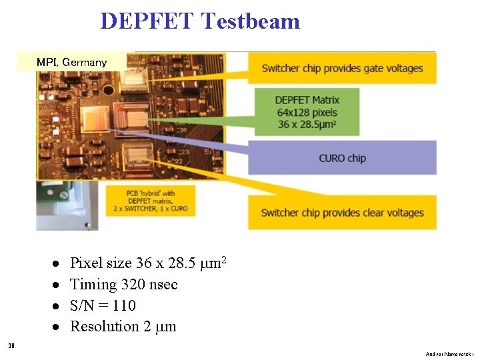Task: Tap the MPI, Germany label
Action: click(x=71, y=62)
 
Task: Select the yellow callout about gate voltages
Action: click(x=343, y=68)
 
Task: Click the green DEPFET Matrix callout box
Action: click(x=306, y=112)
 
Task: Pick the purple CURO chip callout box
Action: click(x=343, y=158)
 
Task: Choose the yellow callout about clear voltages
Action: click(x=343, y=213)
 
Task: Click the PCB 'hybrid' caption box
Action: click(x=157, y=200)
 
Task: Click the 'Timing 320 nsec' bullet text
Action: click(x=124, y=285)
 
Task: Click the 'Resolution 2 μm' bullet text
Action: click(x=123, y=327)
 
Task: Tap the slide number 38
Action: click(x=11, y=345)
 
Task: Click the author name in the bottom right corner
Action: click(x=450, y=354)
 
